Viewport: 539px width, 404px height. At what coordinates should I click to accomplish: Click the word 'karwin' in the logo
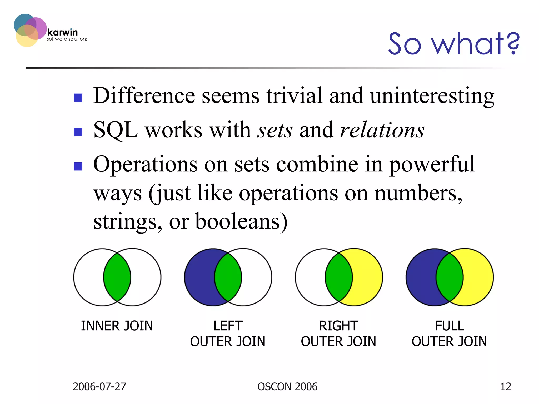62,32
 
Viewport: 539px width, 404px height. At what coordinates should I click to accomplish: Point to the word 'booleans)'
241,221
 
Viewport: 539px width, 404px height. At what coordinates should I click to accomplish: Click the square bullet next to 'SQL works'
78,132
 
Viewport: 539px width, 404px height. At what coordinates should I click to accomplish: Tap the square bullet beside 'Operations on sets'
78,166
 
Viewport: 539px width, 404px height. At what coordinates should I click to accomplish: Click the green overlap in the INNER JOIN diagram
117,277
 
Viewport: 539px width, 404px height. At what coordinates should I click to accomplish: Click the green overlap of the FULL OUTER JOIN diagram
450,277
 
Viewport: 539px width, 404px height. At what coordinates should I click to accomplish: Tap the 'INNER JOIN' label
117,326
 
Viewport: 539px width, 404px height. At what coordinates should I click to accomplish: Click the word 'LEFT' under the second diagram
228,326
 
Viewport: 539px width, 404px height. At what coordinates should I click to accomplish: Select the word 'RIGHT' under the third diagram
338,326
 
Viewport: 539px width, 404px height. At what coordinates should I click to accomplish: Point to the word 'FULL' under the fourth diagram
449,326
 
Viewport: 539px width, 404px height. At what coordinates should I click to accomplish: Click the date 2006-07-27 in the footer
99,387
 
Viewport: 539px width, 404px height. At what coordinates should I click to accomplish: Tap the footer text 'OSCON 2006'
287,387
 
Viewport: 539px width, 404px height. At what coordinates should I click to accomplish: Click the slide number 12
505,387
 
